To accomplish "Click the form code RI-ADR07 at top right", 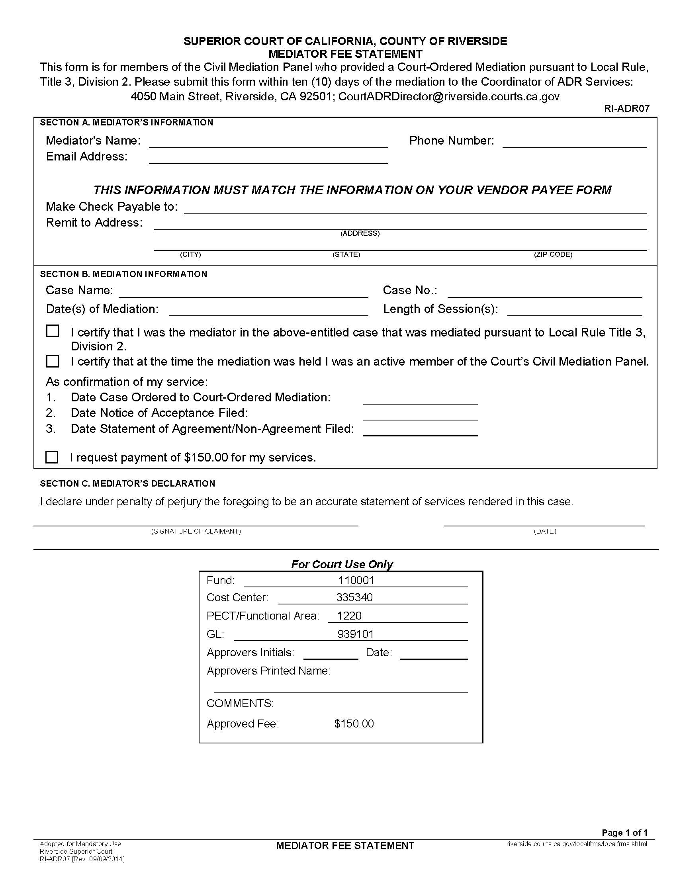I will click(626, 108).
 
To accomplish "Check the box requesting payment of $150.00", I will click(52, 457).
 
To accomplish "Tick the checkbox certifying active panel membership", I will click(53, 361).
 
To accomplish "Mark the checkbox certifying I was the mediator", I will click(53, 331).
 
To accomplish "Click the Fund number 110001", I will click(356, 581).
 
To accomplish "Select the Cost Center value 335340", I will click(354, 598).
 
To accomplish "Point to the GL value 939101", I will click(355, 634).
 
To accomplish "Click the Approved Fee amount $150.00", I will click(354, 724).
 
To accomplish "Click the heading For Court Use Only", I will click(342, 564).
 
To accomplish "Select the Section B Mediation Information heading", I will click(123, 274).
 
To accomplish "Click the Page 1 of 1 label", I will click(624, 833).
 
